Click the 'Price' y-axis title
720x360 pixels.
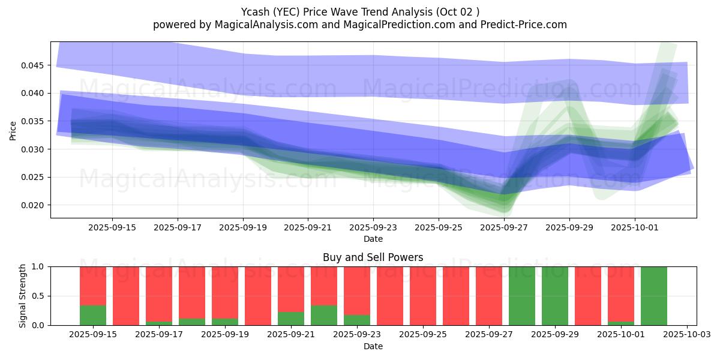13,130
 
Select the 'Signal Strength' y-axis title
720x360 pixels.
22,296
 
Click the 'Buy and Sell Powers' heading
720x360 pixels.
373,257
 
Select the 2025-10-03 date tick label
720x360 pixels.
686,335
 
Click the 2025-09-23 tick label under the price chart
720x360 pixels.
373,228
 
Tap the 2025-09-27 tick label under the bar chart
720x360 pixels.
489,335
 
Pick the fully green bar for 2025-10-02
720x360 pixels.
653,296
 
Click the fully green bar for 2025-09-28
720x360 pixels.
521,296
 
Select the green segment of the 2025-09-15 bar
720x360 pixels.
93,316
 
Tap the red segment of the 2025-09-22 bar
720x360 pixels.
324,286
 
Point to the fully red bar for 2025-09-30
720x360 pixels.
587,296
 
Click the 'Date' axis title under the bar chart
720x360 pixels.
373,346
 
